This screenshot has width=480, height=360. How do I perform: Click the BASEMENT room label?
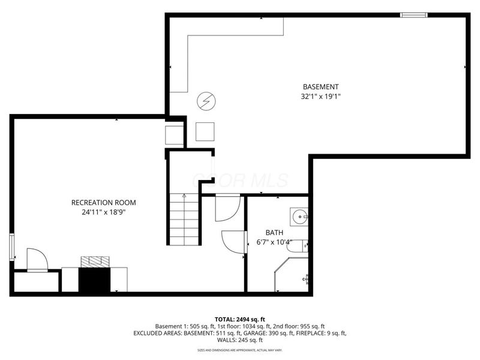320,86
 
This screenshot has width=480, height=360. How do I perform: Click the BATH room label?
275,233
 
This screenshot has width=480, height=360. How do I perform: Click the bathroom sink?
299,215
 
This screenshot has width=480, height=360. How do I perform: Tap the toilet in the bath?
304,245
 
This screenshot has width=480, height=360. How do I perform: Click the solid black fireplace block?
95,280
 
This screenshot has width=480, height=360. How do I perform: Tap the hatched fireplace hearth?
95,261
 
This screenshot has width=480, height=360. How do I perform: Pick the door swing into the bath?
233,241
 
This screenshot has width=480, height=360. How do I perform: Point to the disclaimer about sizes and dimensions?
240,349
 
